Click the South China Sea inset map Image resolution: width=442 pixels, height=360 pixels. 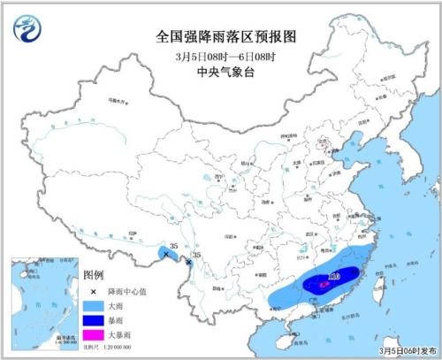point(41,300)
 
